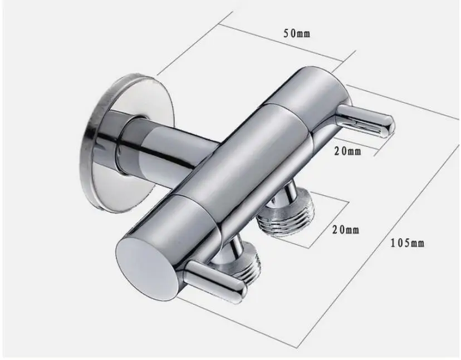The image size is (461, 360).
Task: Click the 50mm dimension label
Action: (297, 33)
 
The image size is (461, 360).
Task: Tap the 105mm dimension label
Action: (408, 243)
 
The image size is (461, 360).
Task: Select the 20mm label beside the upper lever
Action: (347, 151)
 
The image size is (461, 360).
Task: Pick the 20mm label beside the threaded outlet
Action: (346, 229)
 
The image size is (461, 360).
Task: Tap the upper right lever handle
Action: (366, 121)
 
